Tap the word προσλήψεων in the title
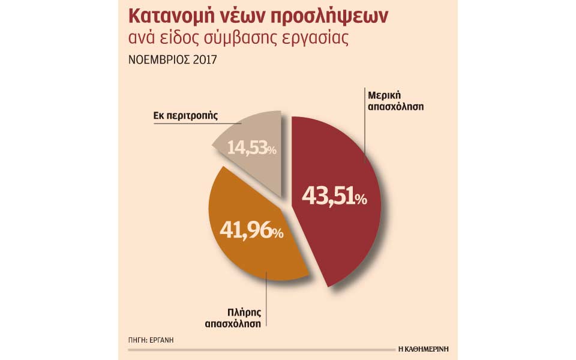click(x=335, y=17)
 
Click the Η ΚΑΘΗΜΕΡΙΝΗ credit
click(x=423, y=348)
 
